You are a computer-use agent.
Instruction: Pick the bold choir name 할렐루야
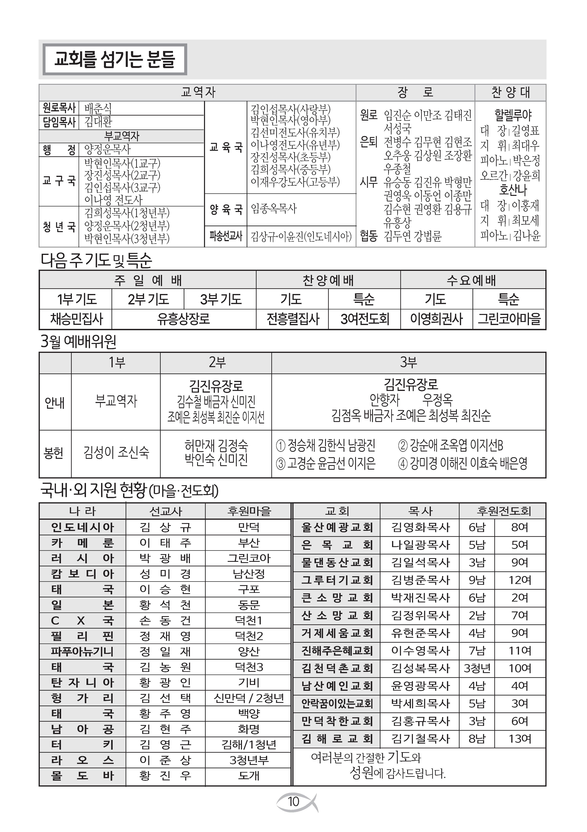513,115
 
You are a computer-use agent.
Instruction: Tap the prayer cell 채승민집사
76,319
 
